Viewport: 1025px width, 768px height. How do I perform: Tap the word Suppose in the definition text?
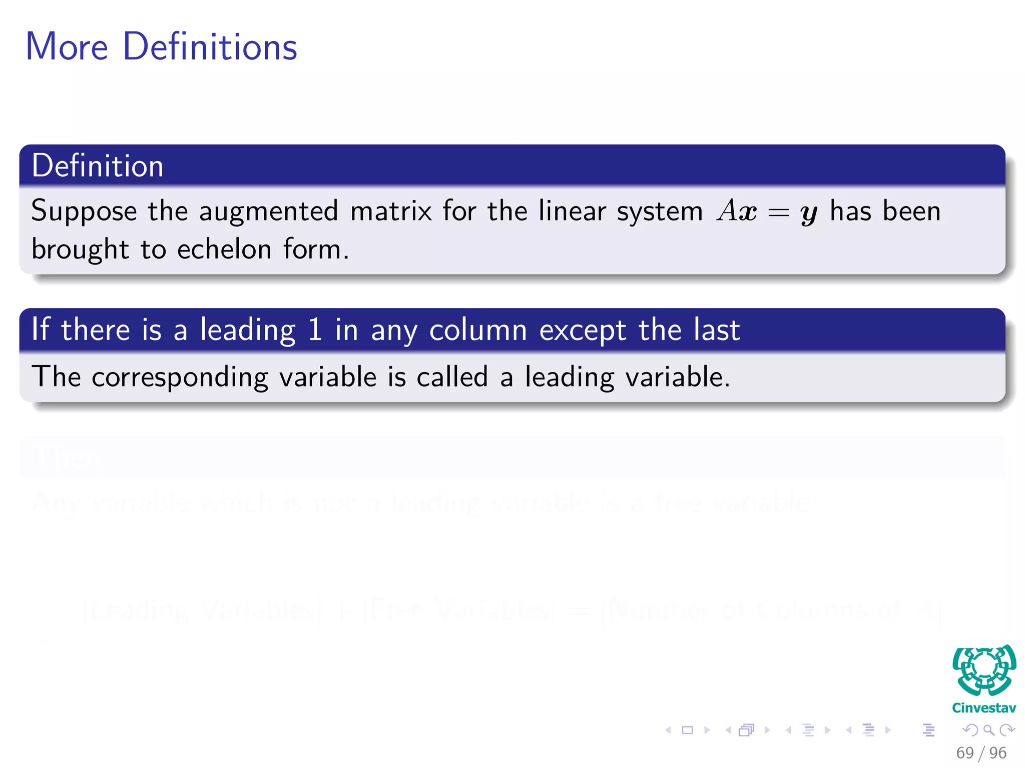(84, 211)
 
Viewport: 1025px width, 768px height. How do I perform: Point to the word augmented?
(269, 211)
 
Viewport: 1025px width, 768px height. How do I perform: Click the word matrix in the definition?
(391, 210)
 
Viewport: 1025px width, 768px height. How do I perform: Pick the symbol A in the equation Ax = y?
(727, 210)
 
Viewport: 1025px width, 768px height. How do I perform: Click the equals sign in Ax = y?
(778, 212)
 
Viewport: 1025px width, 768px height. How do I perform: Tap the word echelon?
(224, 249)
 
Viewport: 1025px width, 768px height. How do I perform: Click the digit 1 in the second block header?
(315, 329)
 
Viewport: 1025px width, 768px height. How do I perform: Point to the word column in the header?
(478, 330)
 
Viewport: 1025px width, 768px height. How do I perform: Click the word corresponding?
(180, 377)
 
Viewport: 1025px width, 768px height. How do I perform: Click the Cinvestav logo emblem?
(984, 670)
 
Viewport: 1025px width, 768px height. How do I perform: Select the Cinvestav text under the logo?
(984, 708)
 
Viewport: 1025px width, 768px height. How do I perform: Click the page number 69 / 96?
(981, 752)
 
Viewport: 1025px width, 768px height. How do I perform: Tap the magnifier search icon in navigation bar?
(988, 730)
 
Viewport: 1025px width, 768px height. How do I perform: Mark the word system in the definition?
(660, 211)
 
